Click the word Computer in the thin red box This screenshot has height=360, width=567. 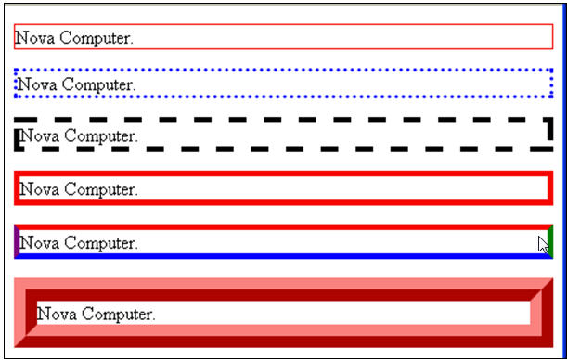[x=95, y=38]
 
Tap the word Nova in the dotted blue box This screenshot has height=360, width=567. [x=37, y=85]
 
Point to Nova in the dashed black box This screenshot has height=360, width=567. [x=39, y=136]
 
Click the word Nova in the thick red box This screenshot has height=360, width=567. [x=39, y=189]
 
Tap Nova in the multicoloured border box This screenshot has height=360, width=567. [x=39, y=243]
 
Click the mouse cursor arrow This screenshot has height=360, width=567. [x=543, y=245]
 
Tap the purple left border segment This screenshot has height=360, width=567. [x=17, y=241]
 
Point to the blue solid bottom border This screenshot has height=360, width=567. [x=278, y=256]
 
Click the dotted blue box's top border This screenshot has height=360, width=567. [x=278, y=70]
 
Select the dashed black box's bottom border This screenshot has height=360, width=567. [x=278, y=148]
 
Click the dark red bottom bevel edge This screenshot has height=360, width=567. [x=278, y=336]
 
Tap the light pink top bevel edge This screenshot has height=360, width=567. [x=278, y=283]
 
